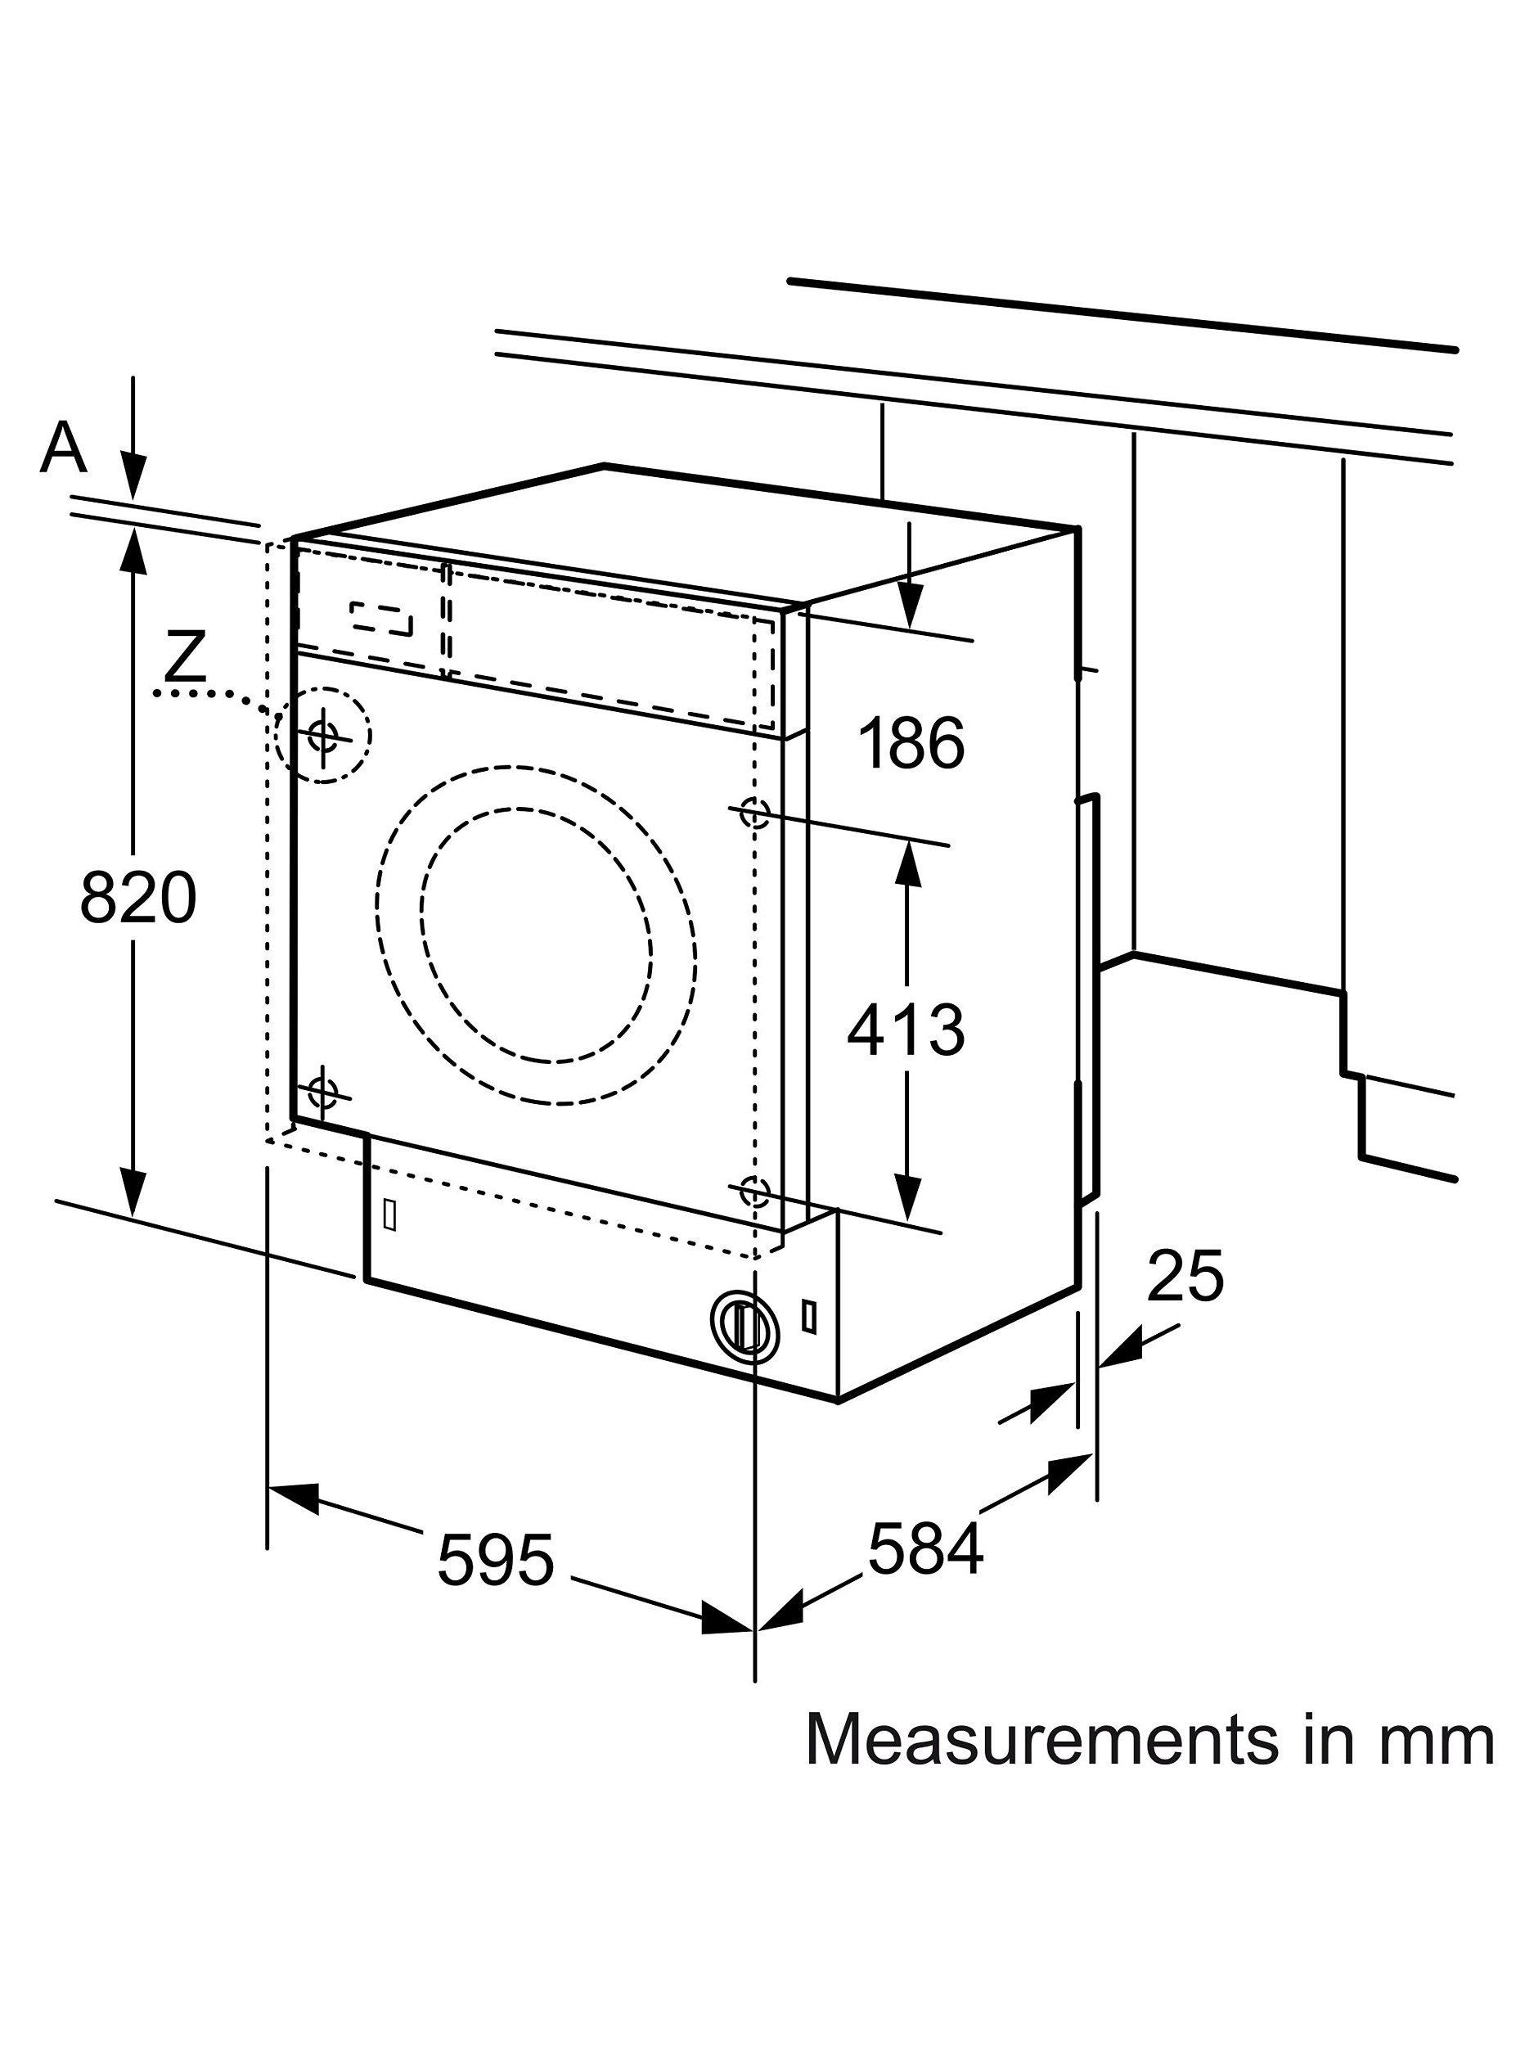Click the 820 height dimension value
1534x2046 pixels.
tap(139, 897)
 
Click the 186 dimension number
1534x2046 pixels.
tap(911, 741)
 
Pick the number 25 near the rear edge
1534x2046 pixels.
tap(1185, 1277)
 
